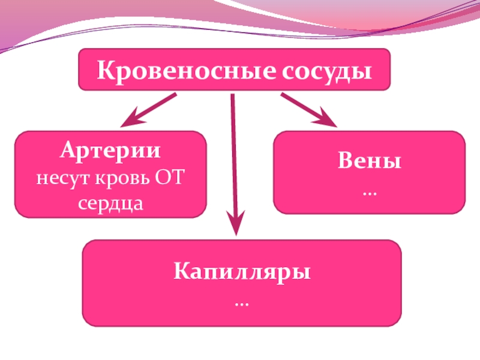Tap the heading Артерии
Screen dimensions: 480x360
coord(110,150)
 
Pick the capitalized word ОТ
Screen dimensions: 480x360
coord(170,178)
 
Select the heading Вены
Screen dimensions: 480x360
coord(369,162)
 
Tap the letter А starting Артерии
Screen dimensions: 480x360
coord(66,150)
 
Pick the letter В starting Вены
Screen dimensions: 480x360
coord(345,162)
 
